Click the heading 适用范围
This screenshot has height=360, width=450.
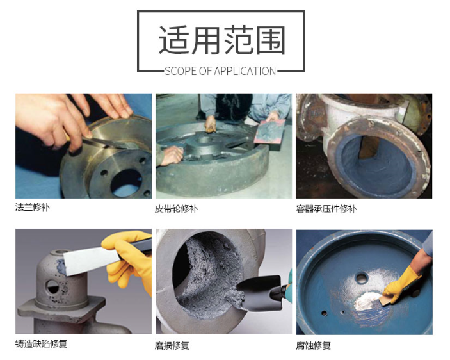222,40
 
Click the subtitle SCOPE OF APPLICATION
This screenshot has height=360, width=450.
220,71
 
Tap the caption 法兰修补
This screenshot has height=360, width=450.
33,208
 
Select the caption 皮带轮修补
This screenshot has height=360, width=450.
176,209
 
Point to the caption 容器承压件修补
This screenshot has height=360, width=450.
326,209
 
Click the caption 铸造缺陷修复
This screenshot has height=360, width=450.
41,343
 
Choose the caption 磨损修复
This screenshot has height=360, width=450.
172,345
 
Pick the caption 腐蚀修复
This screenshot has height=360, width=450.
314,345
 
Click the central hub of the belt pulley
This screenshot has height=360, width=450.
203,145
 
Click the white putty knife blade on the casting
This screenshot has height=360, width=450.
91,260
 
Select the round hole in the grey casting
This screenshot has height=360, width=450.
52,287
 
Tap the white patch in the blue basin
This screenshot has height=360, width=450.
368,300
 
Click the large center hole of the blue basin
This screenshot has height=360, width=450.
361,277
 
